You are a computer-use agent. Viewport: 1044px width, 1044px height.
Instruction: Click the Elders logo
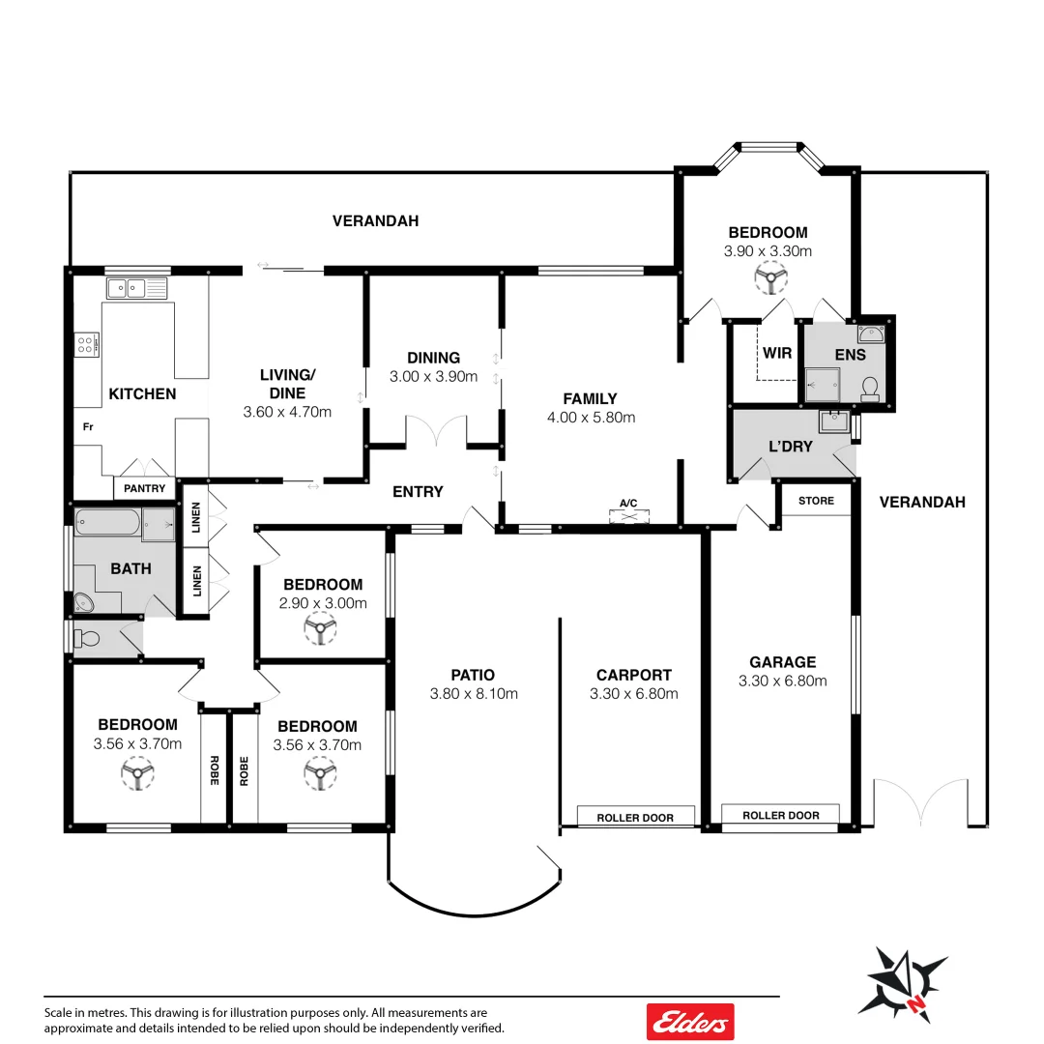(690, 1021)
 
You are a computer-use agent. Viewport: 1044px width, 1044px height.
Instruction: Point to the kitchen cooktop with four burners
(87, 344)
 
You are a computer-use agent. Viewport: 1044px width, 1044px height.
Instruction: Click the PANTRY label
(145, 489)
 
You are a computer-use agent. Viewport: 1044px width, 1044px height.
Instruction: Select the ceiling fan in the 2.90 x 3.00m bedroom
(318, 631)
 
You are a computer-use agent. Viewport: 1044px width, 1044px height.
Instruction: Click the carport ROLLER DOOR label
(635, 818)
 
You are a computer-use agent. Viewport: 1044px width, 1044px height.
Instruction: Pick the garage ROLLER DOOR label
(780, 816)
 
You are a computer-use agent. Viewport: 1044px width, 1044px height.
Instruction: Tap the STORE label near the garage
(815, 501)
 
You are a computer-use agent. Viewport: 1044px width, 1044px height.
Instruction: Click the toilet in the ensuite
(869, 388)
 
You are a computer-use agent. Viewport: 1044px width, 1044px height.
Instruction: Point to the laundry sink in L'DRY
(832, 422)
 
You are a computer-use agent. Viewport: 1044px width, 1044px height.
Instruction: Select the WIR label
(777, 354)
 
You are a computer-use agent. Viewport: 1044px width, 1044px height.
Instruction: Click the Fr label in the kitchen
(87, 426)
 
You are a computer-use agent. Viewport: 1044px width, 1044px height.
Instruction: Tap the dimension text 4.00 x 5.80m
(592, 418)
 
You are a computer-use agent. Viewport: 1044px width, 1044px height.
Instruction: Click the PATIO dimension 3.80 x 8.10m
(474, 693)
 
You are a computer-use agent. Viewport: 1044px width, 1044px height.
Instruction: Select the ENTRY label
(418, 492)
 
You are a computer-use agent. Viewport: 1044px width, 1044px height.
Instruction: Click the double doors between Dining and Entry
(436, 432)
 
